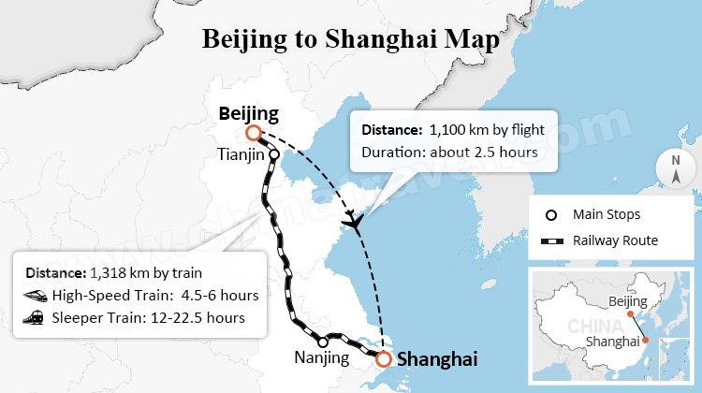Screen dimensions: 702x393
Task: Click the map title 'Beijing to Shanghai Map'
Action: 351,39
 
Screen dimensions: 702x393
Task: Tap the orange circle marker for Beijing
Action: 252,133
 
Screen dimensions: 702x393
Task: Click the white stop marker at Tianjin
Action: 273,154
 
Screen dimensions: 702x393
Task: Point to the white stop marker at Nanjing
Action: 323,342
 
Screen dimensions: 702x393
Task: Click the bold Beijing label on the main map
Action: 248,114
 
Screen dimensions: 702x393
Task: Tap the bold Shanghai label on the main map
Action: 437,359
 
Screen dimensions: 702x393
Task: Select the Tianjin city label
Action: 241,153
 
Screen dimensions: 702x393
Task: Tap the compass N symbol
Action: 675,167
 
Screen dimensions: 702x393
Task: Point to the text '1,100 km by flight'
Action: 486,129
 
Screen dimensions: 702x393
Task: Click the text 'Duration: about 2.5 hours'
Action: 449,152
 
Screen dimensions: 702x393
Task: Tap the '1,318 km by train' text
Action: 149,273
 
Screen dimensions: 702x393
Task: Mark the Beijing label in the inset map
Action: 627,301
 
